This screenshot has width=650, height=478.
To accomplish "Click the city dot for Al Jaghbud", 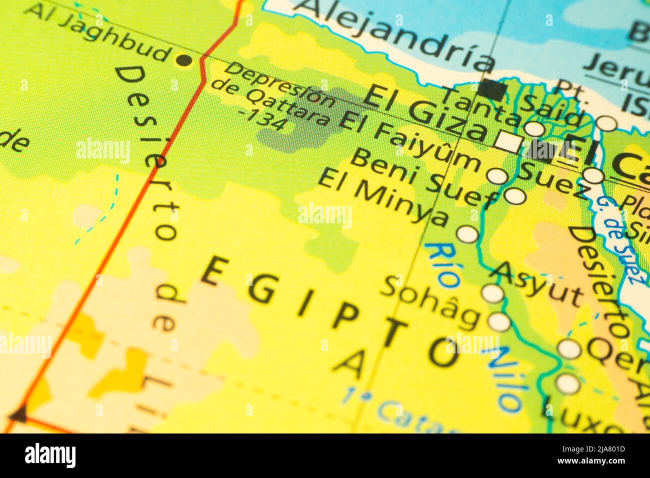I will [x=184, y=60].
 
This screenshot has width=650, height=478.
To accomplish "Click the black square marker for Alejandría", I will [x=493, y=90].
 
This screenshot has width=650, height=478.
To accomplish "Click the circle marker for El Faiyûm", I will [x=497, y=175].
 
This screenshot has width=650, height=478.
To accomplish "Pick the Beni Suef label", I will [x=423, y=179].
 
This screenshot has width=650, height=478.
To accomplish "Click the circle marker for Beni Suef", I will [x=515, y=196].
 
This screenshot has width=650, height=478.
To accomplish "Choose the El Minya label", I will [x=383, y=197].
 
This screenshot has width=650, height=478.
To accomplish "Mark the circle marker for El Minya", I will [x=467, y=234].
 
